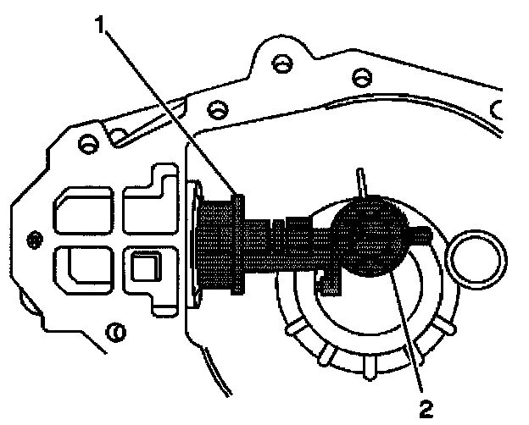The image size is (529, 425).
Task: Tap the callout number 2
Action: pos(426,410)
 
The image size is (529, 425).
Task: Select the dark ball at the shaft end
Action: pos(367,235)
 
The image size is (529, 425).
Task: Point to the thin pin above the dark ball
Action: pos(359,183)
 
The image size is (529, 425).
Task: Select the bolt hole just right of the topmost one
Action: pos(360,76)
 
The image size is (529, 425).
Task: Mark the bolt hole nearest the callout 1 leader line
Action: pos(217,110)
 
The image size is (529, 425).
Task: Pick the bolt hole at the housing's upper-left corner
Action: pos(86,143)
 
